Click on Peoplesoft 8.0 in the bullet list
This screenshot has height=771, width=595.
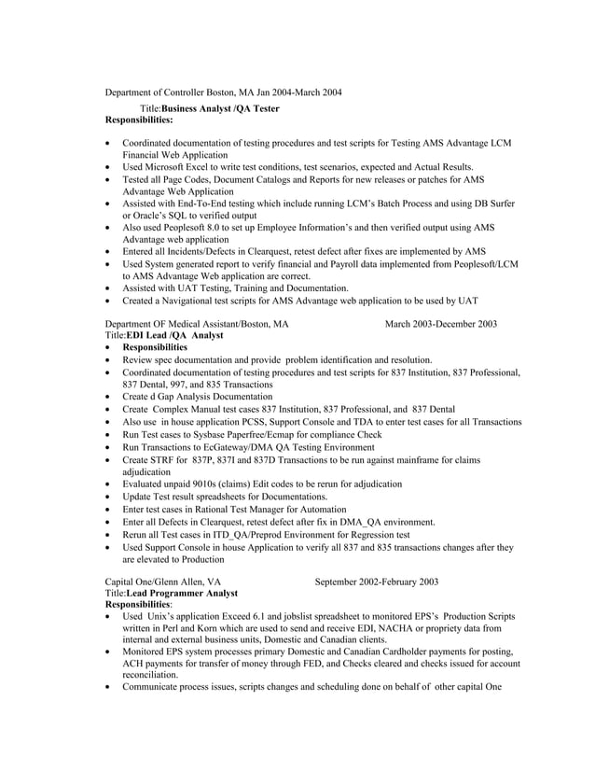(x=193, y=228)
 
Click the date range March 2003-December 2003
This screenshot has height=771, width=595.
(x=441, y=324)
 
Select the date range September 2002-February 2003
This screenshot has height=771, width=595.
(x=377, y=582)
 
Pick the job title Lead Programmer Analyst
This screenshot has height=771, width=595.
(x=182, y=593)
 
